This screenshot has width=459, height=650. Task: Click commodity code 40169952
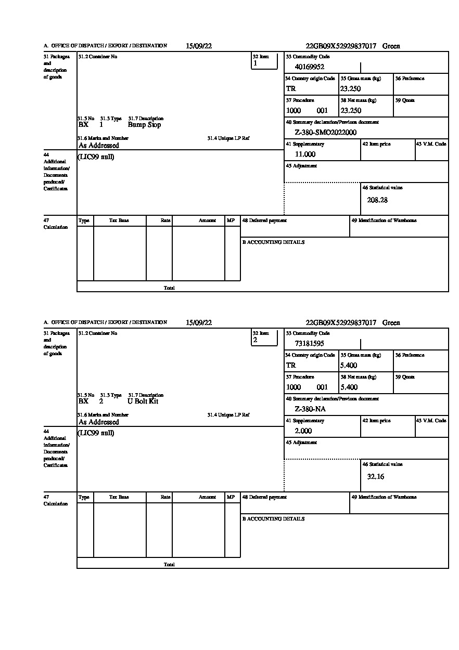click(x=310, y=67)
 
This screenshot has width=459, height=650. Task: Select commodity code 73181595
click(x=310, y=343)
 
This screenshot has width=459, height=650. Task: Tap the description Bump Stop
click(x=144, y=125)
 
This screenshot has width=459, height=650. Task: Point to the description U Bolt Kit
click(x=143, y=401)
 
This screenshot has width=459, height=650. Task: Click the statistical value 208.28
click(x=377, y=200)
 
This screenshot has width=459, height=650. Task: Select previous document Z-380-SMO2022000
click(x=326, y=133)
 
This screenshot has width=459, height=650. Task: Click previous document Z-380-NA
click(x=310, y=409)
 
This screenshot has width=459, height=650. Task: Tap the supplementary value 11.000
click(x=305, y=154)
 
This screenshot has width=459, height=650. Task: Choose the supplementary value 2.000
click(x=303, y=431)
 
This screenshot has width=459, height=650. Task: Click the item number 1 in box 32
click(x=255, y=63)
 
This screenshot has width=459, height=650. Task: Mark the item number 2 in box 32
click(x=255, y=340)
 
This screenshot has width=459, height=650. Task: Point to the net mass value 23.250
click(x=351, y=111)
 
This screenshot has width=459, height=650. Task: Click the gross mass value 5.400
click(x=349, y=366)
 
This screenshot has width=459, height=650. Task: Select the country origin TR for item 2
click(x=291, y=366)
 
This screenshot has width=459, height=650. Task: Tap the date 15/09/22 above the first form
click(x=199, y=46)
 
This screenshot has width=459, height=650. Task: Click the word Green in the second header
click(x=391, y=323)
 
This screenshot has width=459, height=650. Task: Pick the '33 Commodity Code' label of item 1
click(x=308, y=57)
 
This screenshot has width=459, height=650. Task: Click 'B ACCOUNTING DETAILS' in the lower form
click(x=273, y=519)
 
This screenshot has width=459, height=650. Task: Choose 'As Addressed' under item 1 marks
click(x=99, y=146)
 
